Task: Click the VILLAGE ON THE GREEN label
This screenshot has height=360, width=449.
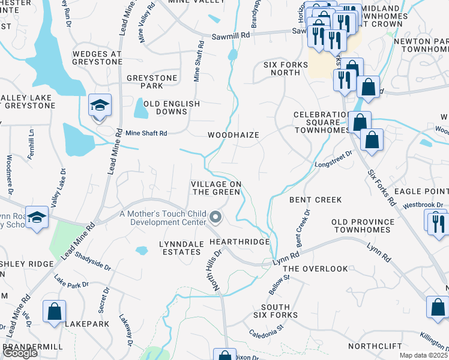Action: click(x=216, y=188)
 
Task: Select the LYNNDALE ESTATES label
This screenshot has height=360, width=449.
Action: click(x=179, y=248)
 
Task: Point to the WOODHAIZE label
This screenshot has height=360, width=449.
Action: click(x=234, y=135)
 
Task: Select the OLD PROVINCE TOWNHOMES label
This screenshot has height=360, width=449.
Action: click(x=363, y=226)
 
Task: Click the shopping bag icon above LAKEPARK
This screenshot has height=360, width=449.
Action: click(x=54, y=311)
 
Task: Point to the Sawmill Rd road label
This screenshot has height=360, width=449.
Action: click(x=231, y=36)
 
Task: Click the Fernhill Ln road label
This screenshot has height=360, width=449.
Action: click(x=29, y=143)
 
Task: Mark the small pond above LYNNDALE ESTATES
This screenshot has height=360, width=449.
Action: click(x=142, y=250)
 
